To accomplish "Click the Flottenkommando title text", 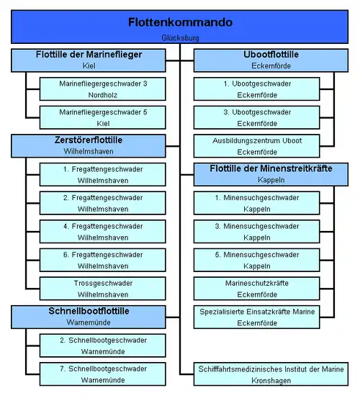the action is pos(180,22).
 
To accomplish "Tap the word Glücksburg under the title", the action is pos(180,38).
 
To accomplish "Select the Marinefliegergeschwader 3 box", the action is pos(103,89).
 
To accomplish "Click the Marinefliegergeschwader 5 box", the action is pos(103,117).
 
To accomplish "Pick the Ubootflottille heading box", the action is pos(271,60).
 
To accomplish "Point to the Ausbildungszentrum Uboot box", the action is pos(256,146).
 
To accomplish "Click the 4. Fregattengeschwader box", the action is pos(103,232).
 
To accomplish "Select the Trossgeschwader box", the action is pos(103,289).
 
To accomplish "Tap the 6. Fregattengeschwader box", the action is pos(103,260).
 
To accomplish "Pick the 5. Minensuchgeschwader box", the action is pos(256,260).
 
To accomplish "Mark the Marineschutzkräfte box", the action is pos(256,289).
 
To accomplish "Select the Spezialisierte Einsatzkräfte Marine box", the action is pos(256,317).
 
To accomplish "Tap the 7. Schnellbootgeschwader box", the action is pos(103,374).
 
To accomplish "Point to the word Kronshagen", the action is pos(271,381).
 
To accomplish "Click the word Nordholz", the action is pos(103,95).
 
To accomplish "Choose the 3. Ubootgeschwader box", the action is pos(256,117).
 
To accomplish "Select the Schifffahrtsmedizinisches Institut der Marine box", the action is pos(271,374).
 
